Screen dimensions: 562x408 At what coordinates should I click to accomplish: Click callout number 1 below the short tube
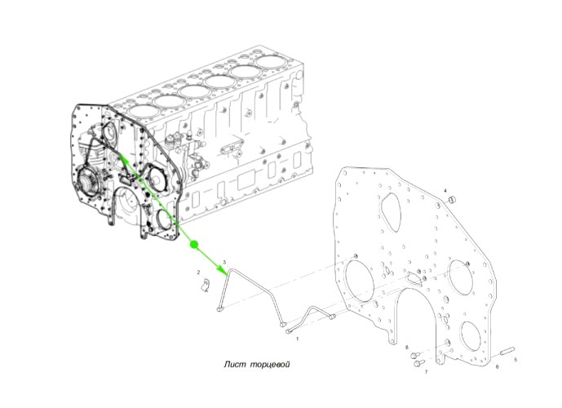point(297,338)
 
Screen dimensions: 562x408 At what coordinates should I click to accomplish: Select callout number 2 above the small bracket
point(198,273)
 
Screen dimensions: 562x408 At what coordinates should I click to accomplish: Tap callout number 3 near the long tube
point(225,262)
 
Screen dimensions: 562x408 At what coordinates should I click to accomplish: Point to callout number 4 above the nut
point(445,190)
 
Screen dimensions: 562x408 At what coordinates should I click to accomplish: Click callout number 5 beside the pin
point(516,359)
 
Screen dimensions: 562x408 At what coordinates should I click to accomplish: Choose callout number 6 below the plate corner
point(497,366)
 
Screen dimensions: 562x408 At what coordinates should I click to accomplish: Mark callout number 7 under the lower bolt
point(426,372)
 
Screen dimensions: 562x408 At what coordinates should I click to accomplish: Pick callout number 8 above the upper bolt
point(407,348)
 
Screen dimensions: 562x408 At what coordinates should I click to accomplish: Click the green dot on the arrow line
point(193,245)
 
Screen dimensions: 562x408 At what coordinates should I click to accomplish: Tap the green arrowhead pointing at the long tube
point(224,271)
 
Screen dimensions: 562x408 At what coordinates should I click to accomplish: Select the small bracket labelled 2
point(206,285)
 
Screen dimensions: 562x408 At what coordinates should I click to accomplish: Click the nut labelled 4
point(453,199)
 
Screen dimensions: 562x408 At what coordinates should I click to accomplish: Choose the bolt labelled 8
point(414,356)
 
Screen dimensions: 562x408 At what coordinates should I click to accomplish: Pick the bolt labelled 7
point(419,363)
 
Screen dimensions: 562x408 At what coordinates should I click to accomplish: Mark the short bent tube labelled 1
point(311,318)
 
